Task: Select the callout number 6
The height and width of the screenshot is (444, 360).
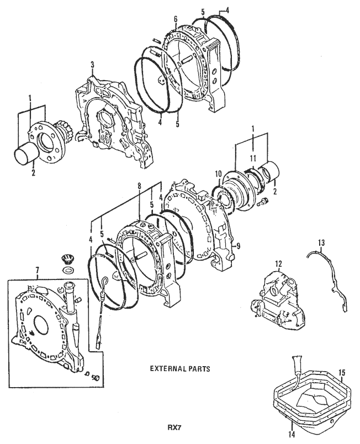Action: [x=175, y=18]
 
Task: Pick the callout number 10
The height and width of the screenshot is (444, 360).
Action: [x=218, y=173]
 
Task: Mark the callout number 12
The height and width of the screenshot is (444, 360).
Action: [x=279, y=263]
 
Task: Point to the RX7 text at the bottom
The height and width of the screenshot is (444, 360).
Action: [x=176, y=427]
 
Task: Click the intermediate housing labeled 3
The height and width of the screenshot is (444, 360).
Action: [x=105, y=121]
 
